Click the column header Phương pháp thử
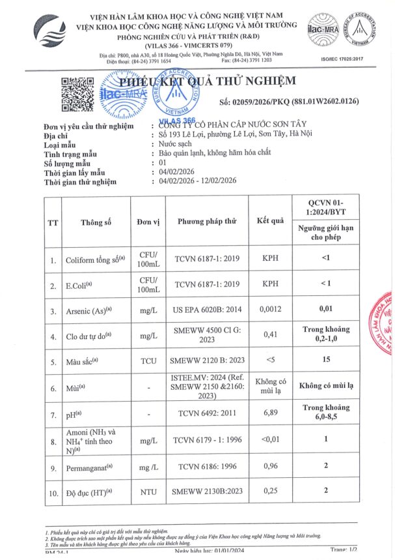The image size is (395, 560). click(208, 222)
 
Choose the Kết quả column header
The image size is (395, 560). click(271, 220)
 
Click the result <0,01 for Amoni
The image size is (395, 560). click(271, 440)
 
